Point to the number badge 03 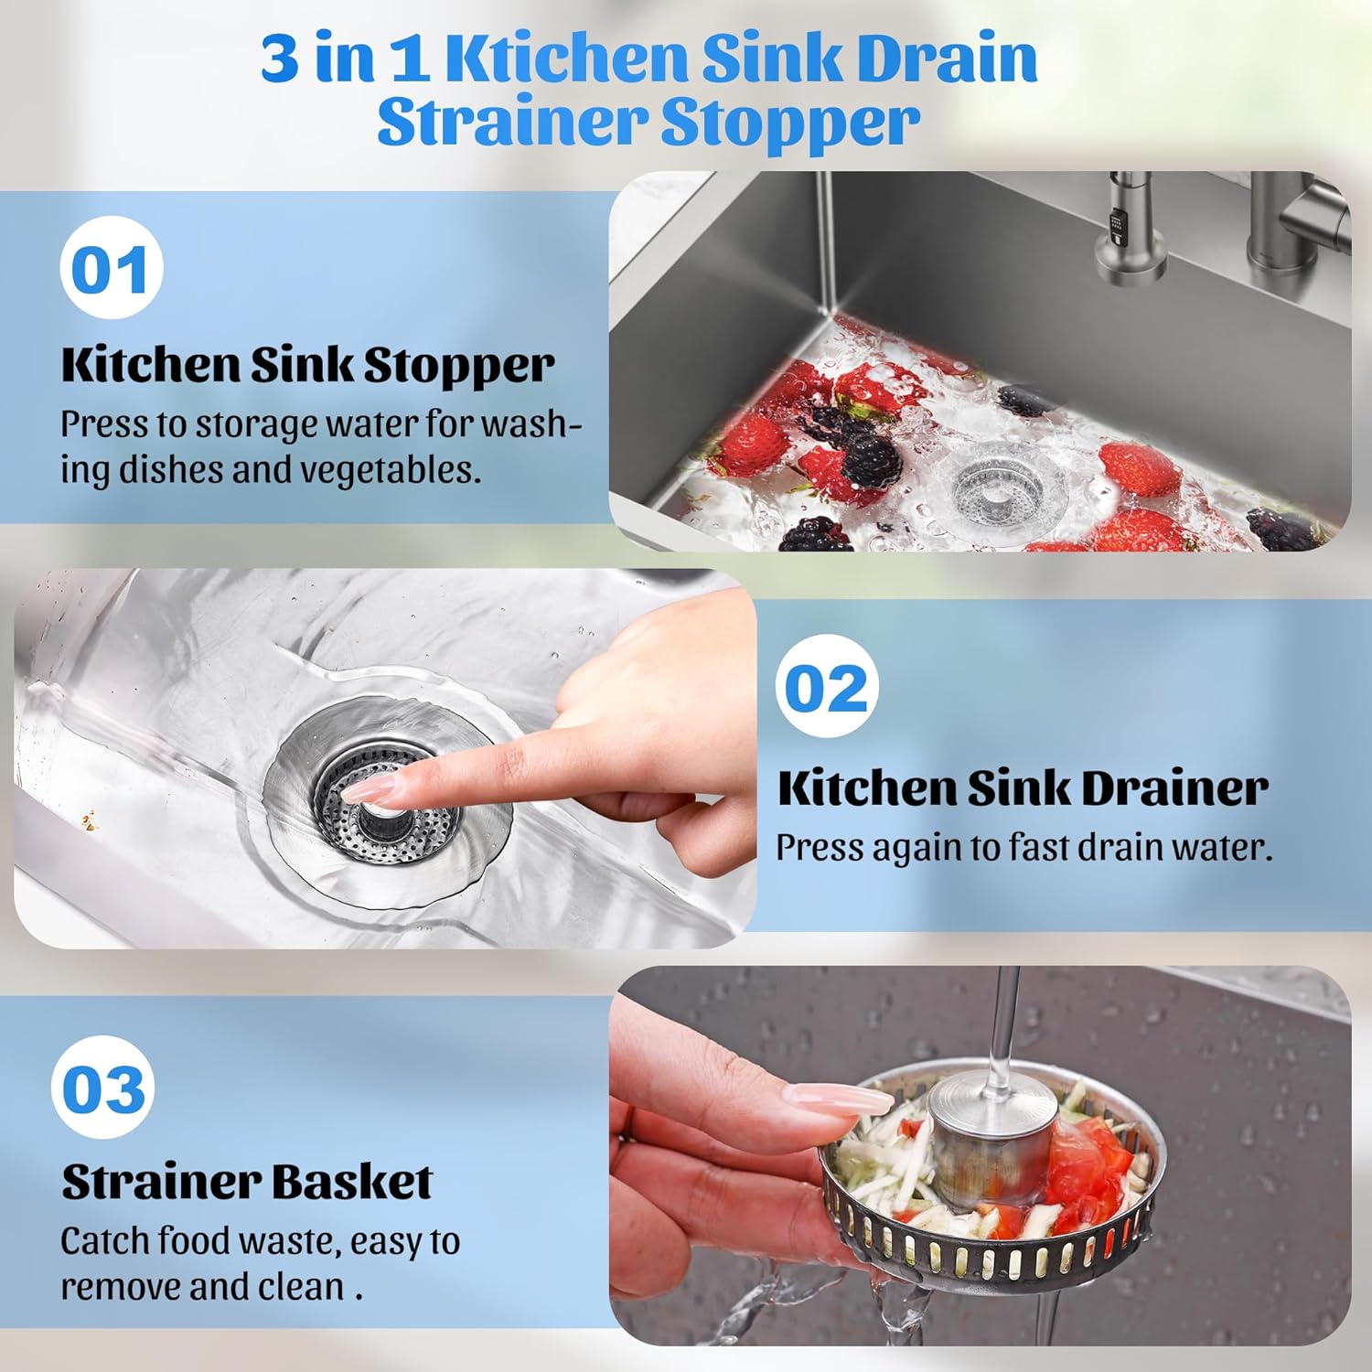[102, 1088]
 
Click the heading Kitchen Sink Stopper [307, 365]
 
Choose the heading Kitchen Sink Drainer [1023, 788]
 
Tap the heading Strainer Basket [247, 1182]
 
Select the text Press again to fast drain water [1024, 848]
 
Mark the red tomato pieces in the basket [1088, 1162]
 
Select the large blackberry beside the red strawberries [869, 460]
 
